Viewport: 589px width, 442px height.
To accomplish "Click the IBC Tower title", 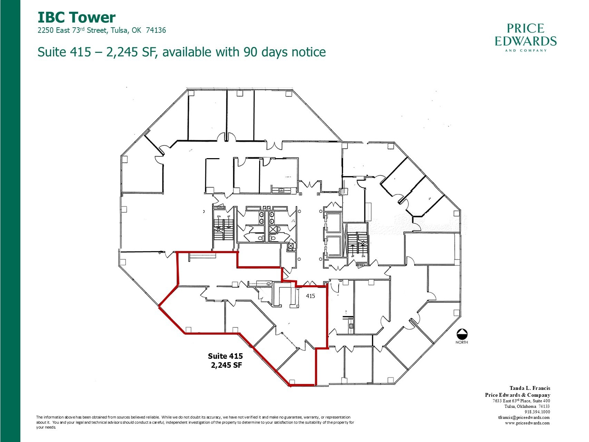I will (76, 17).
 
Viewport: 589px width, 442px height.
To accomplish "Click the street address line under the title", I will (101, 30).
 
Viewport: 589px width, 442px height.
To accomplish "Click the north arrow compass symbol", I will (462, 334).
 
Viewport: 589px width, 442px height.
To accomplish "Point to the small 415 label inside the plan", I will (310, 296).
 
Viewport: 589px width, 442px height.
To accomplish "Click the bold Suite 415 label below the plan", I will (225, 356).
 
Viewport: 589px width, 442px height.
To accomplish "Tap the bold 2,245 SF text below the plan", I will (226, 365).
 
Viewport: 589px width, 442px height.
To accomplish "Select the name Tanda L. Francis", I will (530, 388).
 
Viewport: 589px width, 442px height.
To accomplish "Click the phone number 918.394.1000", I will (537, 412).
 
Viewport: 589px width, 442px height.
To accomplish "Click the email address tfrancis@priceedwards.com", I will (524, 417).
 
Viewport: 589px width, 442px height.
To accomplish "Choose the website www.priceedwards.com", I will (527, 423).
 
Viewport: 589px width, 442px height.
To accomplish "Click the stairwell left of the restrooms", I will (223, 230).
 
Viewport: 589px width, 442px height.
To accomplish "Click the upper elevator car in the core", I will (334, 223).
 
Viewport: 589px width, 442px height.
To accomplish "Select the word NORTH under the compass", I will (462, 342).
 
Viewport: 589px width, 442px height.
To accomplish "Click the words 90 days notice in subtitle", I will (284, 52).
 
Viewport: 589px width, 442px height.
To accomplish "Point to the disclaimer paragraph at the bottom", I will (195, 422).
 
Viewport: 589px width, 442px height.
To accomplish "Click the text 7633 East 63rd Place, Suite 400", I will (521, 401).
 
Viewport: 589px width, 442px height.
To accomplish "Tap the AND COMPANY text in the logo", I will (526, 50).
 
